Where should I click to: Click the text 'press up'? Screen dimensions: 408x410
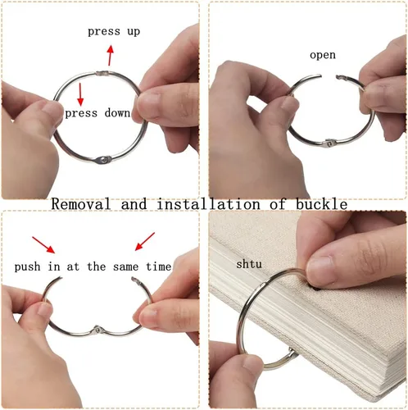(x=114, y=32)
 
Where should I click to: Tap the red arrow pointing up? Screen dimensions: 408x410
(x=110, y=56)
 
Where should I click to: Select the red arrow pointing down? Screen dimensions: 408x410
(x=80, y=94)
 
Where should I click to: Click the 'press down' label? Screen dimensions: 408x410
(x=97, y=113)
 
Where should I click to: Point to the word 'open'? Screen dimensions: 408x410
(x=323, y=55)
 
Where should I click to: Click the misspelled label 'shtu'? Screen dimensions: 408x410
(x=249, y=264)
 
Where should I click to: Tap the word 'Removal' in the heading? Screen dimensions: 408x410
(x=81, y=204)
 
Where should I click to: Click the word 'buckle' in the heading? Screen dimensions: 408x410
(x=322, y=204)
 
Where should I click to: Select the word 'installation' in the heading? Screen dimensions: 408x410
(x=208, y=204)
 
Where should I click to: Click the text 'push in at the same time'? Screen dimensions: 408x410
(x=93, y=266)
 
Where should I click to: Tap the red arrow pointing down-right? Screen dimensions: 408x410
(x=43, y=245)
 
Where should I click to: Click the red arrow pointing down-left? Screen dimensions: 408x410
(x=145, y=241)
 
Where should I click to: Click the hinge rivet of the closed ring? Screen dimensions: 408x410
(x=102, y=160)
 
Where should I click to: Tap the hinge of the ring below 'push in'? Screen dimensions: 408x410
(x=97, y=330)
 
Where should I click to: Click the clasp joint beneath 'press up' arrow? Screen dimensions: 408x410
(x=102, y=73)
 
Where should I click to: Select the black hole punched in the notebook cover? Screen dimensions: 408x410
(x=315, y=289)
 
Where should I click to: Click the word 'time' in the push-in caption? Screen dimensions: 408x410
(x=159, y=266)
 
